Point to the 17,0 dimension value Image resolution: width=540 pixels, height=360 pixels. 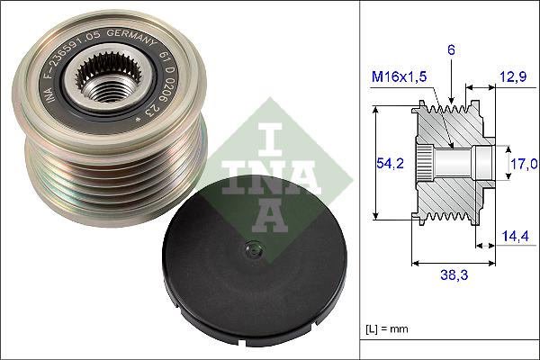tap(525, 163)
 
